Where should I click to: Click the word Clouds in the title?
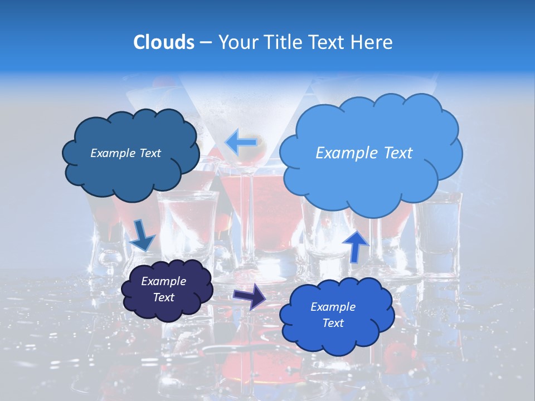click(164, 42)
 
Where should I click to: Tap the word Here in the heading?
click(372, 42)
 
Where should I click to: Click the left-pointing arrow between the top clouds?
click(241, 142)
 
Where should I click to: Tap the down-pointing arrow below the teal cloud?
click(142, 234)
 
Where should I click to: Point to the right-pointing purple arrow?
click(249, 296)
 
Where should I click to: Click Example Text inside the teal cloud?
click(125, 153)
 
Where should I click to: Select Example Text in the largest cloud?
click(364, 153)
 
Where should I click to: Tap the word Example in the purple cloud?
click(163, 281)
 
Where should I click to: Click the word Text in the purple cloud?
click(163, 297)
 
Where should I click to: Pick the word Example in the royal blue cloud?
click(333, 307)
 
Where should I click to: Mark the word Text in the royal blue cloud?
click(333, 323)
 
